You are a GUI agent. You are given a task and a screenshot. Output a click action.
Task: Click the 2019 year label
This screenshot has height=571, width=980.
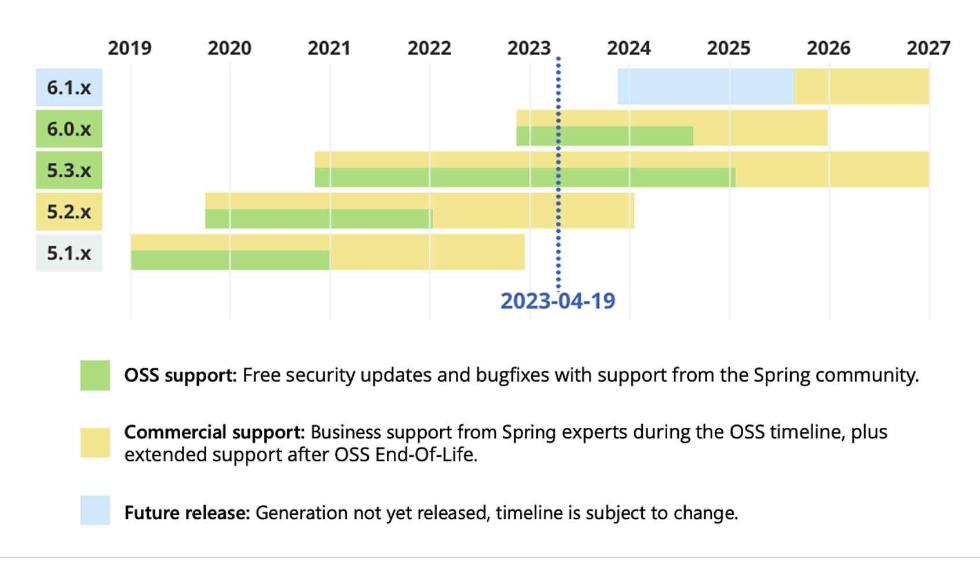coord(130,48)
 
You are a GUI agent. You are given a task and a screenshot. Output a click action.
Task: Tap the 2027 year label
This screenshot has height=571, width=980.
coord(928,48)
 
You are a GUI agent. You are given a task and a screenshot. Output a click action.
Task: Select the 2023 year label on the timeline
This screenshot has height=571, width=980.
coord(529,48)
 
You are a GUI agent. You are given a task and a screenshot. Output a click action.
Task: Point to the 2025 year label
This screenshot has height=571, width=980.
coord(728,48)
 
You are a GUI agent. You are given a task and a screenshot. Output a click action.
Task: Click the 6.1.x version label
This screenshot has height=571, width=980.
coord(69,87)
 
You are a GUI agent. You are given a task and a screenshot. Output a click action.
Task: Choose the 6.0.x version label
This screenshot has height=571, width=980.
coord(69,129)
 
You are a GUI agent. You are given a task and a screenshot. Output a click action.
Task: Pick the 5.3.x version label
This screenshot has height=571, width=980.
coord(69,170)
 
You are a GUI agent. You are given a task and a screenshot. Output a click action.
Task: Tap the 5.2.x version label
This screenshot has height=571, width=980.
coord(69,211)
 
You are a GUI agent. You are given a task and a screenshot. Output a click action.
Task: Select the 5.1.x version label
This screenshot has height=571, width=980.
coord(69,253)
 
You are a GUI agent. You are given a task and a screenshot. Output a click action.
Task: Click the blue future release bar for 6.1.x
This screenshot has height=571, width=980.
coord(705,86)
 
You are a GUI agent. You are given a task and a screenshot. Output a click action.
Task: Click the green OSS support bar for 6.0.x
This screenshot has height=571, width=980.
coord(604,136)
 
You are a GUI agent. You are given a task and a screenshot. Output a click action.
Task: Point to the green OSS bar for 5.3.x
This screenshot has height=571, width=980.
coord(525,177)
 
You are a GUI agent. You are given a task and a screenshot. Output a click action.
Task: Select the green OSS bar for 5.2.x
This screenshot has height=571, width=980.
coord(319,218)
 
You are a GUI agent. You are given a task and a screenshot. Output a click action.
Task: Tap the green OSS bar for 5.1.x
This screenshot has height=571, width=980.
coord(230,260)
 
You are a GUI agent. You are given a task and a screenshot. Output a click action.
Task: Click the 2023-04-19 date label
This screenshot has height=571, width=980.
coord(557,301)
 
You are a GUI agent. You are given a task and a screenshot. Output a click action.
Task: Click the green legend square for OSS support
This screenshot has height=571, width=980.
coord(95,375)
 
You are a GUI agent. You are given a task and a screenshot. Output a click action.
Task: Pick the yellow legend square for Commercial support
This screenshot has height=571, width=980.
coord(95,443)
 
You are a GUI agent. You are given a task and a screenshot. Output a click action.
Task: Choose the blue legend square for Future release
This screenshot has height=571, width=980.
coord(95,510)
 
